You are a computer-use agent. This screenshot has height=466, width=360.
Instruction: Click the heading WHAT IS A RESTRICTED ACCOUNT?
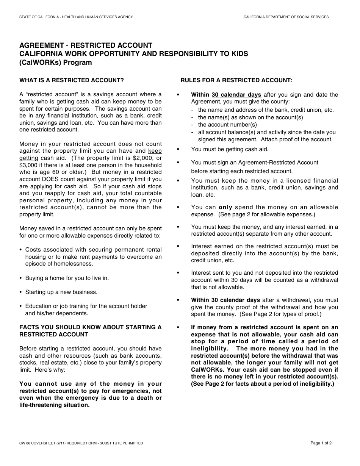(x=72, y=80)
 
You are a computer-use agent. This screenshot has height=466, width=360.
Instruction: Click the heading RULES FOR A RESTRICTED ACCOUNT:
(x=236, y=80)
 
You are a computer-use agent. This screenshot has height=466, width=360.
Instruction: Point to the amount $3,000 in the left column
(x=29, y=165)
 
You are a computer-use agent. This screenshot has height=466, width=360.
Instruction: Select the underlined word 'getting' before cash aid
(x=29, y=158)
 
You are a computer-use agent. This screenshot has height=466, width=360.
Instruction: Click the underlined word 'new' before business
(x=66, y=292)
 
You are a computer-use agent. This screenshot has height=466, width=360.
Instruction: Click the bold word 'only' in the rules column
(x=225, y=207)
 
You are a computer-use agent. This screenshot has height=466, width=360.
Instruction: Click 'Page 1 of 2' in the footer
(x=321, y=443)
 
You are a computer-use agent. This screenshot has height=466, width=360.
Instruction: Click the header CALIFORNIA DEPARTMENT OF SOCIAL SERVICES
(x=286, y=17)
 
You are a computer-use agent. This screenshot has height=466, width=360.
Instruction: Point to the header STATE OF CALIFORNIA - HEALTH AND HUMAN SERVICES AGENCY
(x=76, y=17)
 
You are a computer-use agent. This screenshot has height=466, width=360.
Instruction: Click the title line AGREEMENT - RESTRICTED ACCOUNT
(x=86, y=45)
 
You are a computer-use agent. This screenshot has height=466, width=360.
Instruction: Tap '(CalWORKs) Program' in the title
(x=56, y=63)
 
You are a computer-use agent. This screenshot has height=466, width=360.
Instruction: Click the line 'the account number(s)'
(x=227, y=125)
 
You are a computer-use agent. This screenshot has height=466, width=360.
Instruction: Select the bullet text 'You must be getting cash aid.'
(x=230, y=149)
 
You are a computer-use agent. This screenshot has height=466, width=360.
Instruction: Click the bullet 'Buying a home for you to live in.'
(x=67, y=278)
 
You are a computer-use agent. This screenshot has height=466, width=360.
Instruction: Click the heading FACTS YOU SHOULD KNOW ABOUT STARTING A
(x=90, y=327)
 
